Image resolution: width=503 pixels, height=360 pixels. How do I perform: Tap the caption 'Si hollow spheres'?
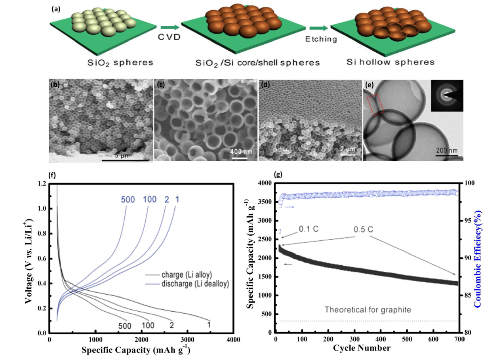(x=391, y=63)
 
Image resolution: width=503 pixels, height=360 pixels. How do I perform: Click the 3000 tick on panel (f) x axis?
(x=187, y=340)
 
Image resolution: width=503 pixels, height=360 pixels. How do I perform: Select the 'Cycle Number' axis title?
(x=362, y=349)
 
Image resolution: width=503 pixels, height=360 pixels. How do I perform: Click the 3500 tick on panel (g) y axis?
(x=264, y=202)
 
